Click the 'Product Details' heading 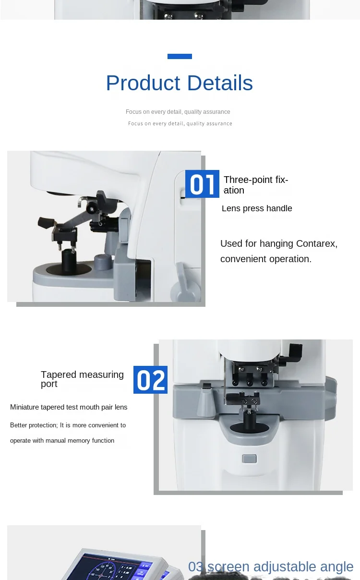(x=179, y=83)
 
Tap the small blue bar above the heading (x=180, y=56)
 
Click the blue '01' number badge (x=202, y=184)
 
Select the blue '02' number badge (x=150, y=380)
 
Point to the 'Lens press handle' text (x=257, y=208)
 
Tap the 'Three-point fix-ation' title (x=255, y=185)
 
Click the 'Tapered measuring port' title (x=82, y=379)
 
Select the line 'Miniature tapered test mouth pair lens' (x=69, y=407)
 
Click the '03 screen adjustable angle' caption (x=271, y=567)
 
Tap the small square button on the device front (x=249, y=459)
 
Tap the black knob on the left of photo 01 (x=46, y=223)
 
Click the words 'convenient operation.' (x=266, y=259)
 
